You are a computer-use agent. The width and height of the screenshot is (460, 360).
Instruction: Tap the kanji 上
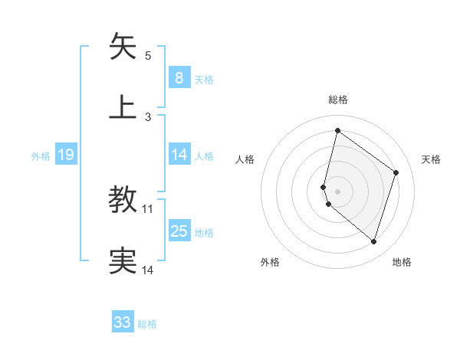tap(123, 107)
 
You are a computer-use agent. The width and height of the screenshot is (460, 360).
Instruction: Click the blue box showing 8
tap(179, 78)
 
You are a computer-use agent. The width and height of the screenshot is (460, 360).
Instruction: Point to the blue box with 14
tap(179, 155)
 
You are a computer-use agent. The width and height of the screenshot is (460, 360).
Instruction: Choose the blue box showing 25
tap(179, 231)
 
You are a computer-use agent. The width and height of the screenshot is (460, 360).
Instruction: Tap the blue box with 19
tap(66, 155)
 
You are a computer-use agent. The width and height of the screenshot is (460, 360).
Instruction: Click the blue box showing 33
tap(123, 322)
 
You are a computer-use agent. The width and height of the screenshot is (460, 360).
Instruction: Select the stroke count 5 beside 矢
tap(148, 55)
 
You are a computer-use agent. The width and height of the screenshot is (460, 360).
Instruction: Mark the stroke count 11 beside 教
tap(148, 208)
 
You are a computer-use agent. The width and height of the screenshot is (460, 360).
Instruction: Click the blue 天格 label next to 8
tap(204, 79)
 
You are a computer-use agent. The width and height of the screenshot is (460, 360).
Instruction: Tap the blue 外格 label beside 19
tap(41, 155)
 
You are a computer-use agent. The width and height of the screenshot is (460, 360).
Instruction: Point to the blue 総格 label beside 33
tap(148, 324)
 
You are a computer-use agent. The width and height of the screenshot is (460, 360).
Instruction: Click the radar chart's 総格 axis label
tap(338, 100)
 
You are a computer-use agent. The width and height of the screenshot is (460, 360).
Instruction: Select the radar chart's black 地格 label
tap(402, 262)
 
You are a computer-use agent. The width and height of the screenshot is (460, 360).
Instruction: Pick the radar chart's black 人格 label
tap(245, 159)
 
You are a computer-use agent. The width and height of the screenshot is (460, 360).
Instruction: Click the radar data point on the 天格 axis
tap(396, 172)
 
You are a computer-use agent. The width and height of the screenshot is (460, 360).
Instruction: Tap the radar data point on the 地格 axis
tap(373, 242)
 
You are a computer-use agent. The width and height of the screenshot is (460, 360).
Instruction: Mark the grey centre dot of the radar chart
tap(338, 191)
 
